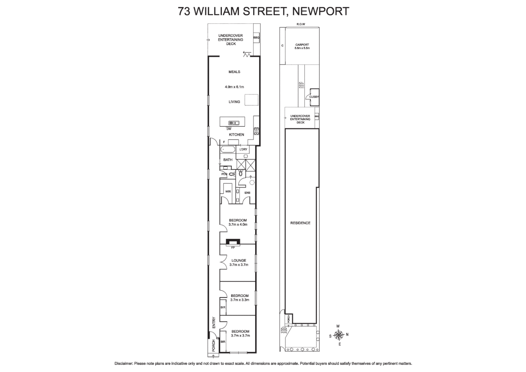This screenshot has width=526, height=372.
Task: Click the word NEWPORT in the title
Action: pyautogui.click(x=320, y=11)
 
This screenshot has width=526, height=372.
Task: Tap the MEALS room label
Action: pyautogui.click(x=234, y=72)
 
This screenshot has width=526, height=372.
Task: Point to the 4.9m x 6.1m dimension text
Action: pyautogui.click(x=234, y=87)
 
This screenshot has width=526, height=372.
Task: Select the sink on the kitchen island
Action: pyautogui.click(x=234, y=123)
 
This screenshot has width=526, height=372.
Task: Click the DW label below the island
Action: pyautogui.click(x=229, y=129)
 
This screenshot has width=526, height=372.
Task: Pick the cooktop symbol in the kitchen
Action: pyautogui.click(x=256, y=131)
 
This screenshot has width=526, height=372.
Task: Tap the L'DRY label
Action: pyautogui.click(x=243, y=149)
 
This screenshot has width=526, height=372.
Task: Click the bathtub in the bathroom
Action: pyautogui.click(x=228, y=149)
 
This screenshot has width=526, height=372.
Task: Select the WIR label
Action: pyautogui.click(x=228, y=192)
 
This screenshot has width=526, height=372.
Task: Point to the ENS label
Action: pyautogui.click(x=247, y=193)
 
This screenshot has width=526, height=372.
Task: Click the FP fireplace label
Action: pyautogui.click(x=233, y=248)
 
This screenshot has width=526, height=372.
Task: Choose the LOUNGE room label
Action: pyautogui.click(x=239, y=260)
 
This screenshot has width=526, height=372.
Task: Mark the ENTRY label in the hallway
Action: pyautogui.click(x=214, y=322)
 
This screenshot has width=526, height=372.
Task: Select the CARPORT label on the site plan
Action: pyautogui.click(x=302, y=45)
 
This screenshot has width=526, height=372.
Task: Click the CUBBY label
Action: pyautogui.click(x=314, y=97)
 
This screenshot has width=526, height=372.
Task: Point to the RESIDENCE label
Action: pyautogui.click(x=300, y=223)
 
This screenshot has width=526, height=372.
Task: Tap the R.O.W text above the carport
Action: pyautogui.click(x=301, y=24)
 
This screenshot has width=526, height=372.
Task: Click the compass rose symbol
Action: pyautogui.click(x=339, y=334)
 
